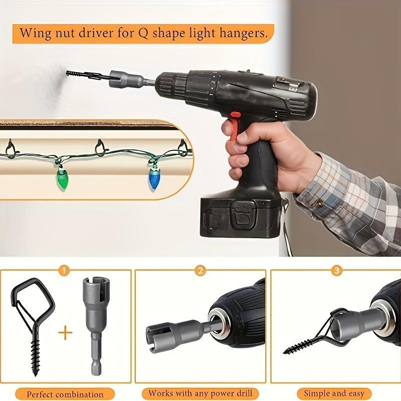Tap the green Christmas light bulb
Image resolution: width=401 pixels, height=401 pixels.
tap(61, 179)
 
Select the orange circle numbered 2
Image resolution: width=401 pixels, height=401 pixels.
tap(200, 271)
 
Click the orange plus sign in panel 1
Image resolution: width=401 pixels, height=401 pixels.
tap(65, 332)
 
